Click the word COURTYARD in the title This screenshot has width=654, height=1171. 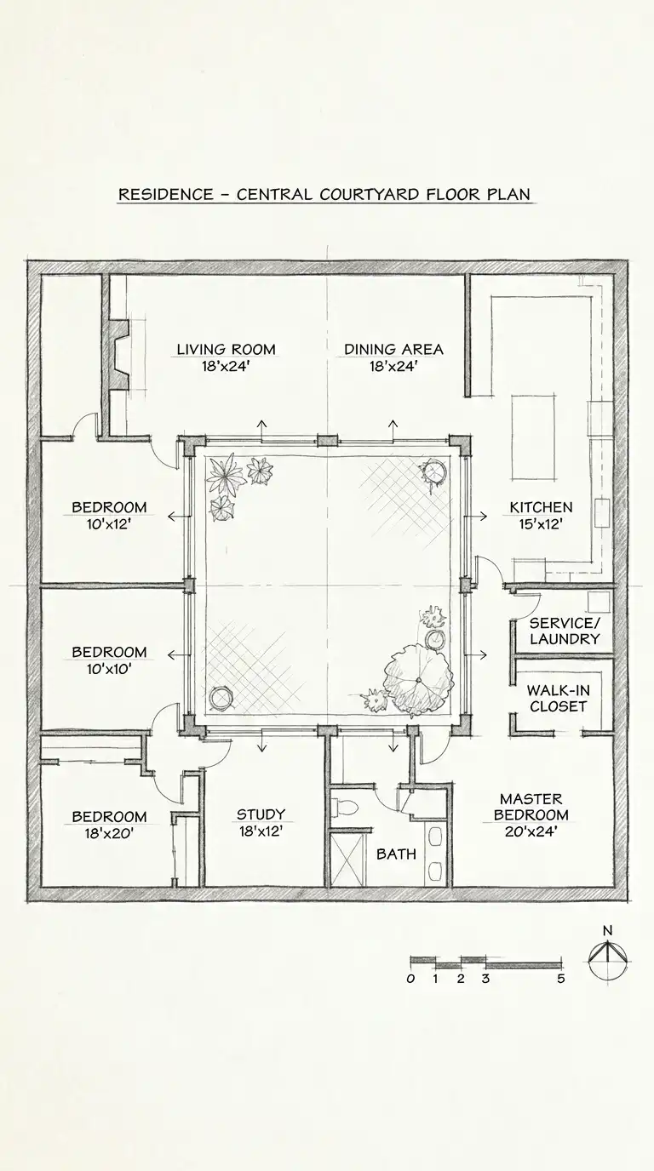coord(370,195)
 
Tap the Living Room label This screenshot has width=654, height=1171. coord(226,349)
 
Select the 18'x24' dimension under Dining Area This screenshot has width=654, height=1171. coord(393,367)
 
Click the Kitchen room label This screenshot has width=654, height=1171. coord(541,507)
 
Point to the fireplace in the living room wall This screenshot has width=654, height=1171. coord(118,355)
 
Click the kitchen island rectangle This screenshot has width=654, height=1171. coord(533,437)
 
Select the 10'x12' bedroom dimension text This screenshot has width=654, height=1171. coord(109,524)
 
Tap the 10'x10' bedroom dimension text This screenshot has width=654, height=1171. coord(109,669)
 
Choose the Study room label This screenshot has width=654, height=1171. coord(261,814)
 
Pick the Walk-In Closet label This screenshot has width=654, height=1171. coord(559,699)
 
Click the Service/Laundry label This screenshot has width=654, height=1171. coord(565,631)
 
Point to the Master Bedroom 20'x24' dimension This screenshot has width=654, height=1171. coord(531,831)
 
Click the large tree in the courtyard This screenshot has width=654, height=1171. coord(417,679)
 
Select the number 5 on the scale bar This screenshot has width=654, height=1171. coord(561,979)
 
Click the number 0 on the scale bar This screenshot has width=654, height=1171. coord(410,979)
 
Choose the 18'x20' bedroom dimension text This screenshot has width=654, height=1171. coord(109,833)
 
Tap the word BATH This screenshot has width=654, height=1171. coord(397,854)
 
